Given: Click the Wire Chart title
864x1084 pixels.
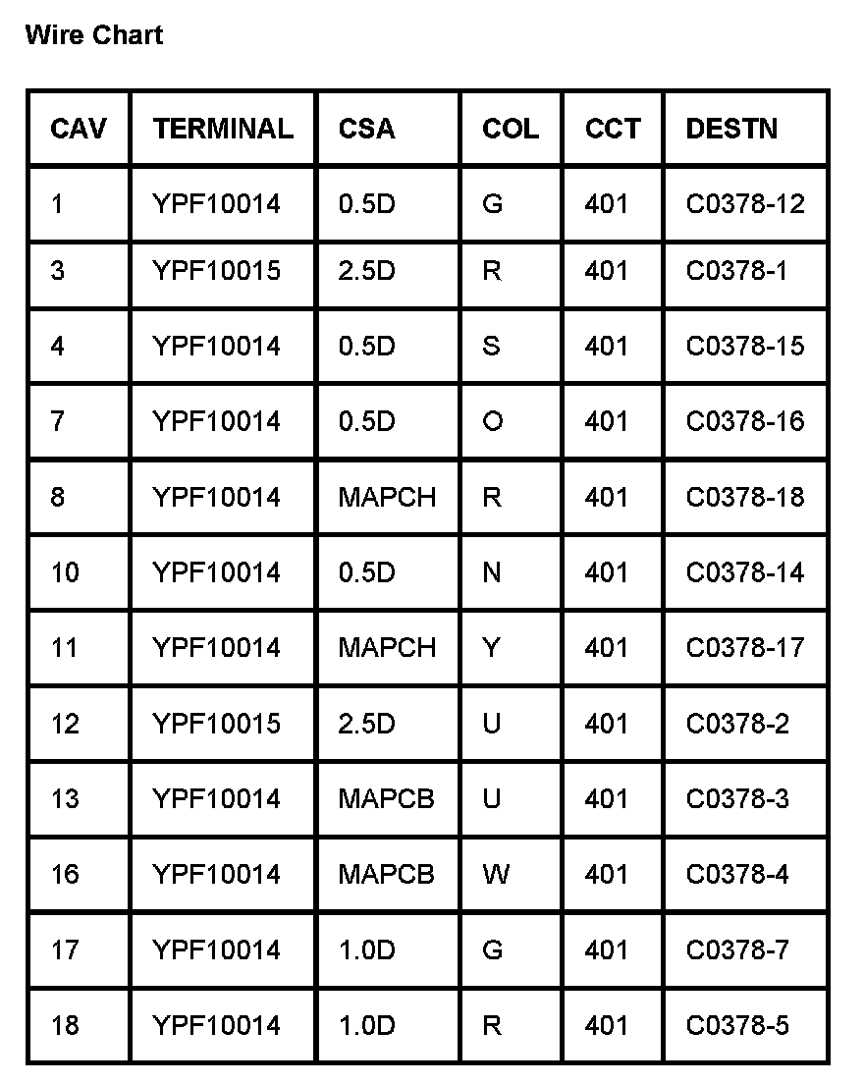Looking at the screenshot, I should (94, 36).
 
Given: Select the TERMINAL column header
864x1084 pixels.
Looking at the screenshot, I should (223, 129).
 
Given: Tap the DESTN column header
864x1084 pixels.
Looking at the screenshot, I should (731, 129).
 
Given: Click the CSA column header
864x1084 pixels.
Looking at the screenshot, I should (366, 129).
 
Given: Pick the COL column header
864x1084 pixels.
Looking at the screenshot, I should (510, 129).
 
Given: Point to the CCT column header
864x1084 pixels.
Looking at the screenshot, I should (612, 129).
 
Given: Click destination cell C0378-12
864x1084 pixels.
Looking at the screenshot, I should (744, 204).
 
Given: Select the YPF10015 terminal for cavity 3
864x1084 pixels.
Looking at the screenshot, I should (216, 271).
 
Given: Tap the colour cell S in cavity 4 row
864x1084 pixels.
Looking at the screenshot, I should (492, 347).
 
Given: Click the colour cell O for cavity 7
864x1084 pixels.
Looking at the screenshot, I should (493, 422).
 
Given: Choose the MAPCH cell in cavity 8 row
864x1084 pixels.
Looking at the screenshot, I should (387, 498).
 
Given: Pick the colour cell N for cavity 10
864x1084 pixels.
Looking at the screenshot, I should (492, 573).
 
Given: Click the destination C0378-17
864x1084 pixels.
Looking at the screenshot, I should (744, 648).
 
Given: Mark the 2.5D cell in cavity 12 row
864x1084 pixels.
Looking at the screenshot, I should (366, 725).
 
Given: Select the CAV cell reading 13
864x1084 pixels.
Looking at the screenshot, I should (65, 799).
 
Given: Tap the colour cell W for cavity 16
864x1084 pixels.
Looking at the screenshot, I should (496, 875).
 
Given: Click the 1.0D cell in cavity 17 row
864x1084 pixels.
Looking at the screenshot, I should (366, 950).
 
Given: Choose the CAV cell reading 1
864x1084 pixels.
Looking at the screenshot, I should (57, 204).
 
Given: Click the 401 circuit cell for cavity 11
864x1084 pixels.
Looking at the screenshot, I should (606, 648).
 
